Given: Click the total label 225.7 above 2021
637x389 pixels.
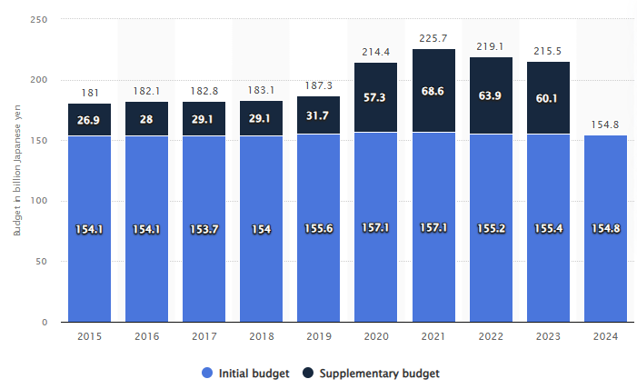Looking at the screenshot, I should (433, 37).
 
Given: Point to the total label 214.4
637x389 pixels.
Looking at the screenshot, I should (376, 51).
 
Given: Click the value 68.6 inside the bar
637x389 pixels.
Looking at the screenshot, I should (433, 92).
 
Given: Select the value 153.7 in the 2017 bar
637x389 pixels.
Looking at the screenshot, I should (204, 230).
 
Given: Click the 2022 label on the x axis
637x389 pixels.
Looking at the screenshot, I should (491, 336).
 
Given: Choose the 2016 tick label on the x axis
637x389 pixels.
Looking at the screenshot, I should (147, 336).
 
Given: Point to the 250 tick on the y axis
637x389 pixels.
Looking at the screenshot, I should (39, 19).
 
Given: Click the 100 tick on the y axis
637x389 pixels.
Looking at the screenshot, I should (39, 201).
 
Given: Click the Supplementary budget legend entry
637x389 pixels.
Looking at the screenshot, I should (374, 373).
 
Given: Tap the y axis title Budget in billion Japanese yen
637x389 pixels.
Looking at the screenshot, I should (15, 169).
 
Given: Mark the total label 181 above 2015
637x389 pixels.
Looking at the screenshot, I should (89, 92).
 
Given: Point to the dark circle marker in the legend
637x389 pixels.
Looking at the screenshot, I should (309, 373).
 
